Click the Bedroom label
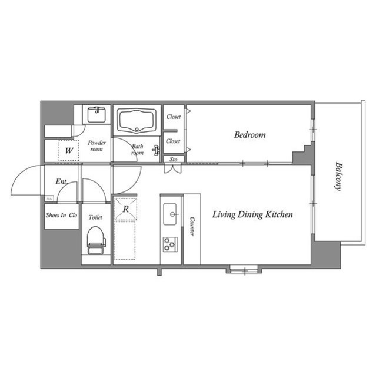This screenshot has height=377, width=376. point(249,135)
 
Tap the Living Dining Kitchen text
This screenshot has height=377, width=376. point(252,215)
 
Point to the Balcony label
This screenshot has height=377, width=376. point(338,176)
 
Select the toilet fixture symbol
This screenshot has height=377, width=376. point(95,240)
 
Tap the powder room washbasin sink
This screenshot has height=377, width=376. point(95,113)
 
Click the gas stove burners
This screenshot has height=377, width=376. point(170,244)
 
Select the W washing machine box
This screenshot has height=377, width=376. point(69,151)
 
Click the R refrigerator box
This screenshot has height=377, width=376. point(126,209)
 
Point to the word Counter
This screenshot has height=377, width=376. point(192,227)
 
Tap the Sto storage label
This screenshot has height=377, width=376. point(174,159)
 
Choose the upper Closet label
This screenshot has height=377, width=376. point(173,117)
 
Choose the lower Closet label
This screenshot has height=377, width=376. point(173,141)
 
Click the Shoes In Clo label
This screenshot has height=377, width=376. point(61,216)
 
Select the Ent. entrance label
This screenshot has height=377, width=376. point(61,182)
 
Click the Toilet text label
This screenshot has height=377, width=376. point(95,217)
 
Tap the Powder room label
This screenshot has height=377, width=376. point(95,145)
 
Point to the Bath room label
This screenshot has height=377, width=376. point(137,150)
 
